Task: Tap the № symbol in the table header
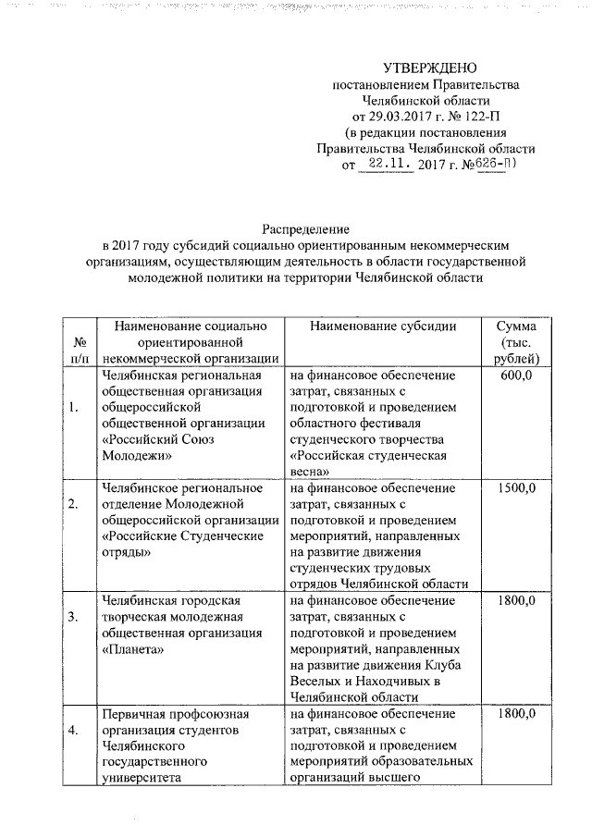coord(79,342)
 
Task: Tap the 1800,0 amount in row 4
coord(517,713)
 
